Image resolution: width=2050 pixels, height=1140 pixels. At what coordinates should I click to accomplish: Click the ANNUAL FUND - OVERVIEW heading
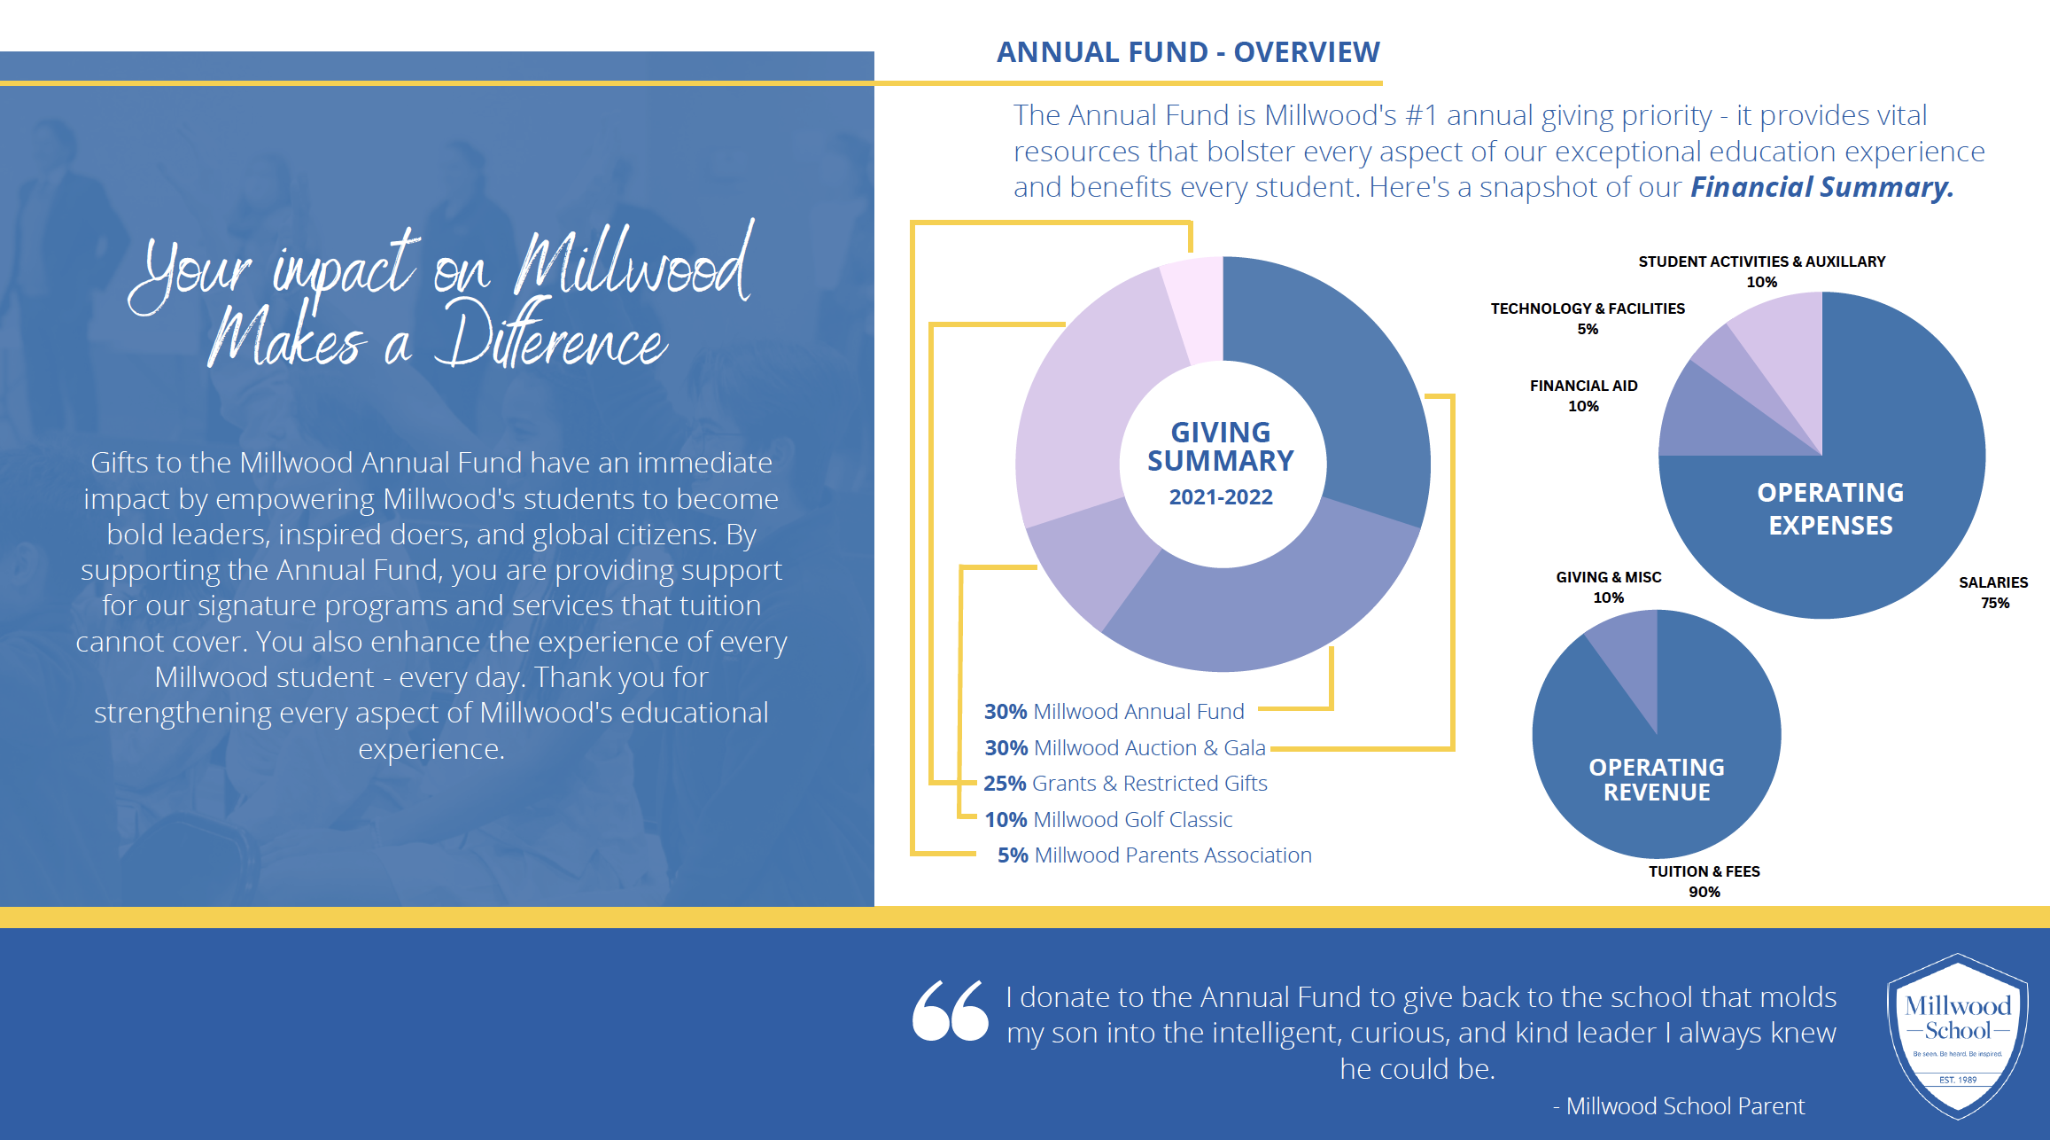point(1188,52)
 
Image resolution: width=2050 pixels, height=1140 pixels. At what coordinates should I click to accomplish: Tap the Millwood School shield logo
point(1958,1035)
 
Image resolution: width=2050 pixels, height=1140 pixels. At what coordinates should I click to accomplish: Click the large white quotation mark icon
point(950,1011)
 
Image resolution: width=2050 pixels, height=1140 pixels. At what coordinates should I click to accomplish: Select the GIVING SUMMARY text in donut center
point(1221,447)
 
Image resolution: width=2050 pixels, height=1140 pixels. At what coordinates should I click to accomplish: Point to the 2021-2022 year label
point(1221,497)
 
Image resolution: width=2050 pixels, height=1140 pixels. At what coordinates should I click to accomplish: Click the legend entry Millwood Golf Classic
point(1108,820)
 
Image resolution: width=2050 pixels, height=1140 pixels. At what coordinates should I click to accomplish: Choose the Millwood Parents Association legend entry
point(1154,855)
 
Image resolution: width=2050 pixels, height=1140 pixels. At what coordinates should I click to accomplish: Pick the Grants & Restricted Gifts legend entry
point(1125,784)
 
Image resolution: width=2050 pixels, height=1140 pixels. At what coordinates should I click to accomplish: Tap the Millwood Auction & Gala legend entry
point(1125,748)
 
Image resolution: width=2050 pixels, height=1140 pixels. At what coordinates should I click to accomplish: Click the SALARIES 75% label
point(1993,592)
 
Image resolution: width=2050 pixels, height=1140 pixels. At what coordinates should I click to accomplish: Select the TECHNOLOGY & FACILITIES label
point(1588,318)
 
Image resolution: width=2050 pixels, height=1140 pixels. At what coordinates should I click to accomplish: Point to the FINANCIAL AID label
point(1584,395)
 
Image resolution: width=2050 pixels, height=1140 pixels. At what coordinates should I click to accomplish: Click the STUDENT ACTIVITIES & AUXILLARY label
point(1762,271)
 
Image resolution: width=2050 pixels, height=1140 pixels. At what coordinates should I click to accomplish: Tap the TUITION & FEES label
point(1704,881)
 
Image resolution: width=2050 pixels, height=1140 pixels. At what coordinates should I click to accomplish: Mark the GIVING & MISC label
point(1609,587)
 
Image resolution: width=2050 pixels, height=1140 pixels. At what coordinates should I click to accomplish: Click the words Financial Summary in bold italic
point(1822,187)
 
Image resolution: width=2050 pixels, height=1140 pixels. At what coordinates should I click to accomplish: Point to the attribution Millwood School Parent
point(1679,1106)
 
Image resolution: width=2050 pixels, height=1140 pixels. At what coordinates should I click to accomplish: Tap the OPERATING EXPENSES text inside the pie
point(1830,509)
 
